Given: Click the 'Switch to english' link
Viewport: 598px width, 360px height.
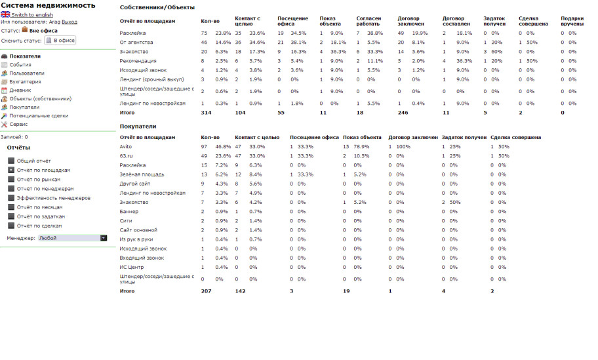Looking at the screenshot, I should point(32,14).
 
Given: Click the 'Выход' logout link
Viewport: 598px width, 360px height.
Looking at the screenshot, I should point(69,22).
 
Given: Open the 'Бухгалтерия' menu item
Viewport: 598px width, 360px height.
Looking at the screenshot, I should point(24,81).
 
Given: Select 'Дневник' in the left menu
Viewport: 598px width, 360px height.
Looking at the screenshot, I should point(20,90).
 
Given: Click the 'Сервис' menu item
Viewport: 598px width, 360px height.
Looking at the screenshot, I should point(18,124).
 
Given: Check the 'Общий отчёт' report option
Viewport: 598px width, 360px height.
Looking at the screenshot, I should point(11,161).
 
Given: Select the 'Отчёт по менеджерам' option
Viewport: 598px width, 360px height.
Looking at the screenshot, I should point(11,188).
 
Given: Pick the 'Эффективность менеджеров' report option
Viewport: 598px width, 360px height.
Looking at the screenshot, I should point(11,197).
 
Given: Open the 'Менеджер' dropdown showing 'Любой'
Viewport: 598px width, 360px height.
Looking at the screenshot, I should point(72,238).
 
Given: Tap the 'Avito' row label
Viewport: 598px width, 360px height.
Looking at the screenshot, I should point(126,146).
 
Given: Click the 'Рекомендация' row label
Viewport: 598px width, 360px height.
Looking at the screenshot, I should point(138,60).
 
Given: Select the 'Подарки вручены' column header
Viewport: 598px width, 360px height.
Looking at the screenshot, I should point(572,21).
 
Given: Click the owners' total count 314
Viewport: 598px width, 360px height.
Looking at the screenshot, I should point(207,113).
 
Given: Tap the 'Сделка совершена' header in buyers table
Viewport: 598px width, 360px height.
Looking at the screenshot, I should point(515,137).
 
